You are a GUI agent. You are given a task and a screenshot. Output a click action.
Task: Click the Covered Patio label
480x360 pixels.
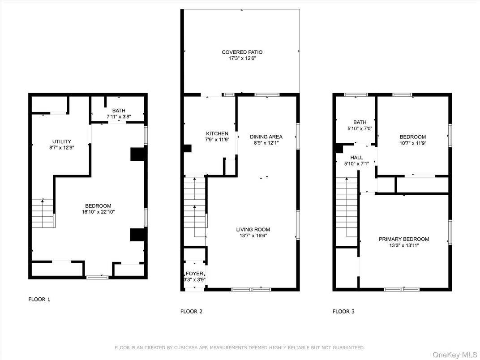pos(242,52)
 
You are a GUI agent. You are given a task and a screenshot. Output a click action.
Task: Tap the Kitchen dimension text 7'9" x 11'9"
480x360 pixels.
pos(217,140)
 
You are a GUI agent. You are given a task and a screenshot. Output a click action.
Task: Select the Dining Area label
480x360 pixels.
pos(266,137)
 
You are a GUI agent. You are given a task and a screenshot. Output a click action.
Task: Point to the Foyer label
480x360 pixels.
pos(195,274)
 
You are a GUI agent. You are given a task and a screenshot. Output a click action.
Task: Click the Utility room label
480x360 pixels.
pos(62,141)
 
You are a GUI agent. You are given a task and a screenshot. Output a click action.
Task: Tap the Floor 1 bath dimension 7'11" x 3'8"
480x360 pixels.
pos(119,117)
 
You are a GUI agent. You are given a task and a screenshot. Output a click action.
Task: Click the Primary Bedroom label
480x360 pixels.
pos(404,239)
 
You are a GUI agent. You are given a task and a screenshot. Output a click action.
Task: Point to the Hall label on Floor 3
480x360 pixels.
pos(357,158)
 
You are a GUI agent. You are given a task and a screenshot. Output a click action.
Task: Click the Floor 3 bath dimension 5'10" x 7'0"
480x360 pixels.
pos(360,129)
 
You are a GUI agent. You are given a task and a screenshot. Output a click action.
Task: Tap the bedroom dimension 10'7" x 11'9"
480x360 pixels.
pos(413,143)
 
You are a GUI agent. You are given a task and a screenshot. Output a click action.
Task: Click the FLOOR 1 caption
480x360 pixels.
pos(39,299)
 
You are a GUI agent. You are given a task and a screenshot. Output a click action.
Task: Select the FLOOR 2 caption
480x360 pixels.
pos(191,311)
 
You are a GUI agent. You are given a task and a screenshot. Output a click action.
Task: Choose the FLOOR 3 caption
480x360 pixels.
pos(343,311)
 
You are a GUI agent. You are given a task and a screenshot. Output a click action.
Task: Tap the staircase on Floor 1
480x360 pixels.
pos(43,213)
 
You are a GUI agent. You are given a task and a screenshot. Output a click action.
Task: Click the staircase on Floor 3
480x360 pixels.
pos(346,210)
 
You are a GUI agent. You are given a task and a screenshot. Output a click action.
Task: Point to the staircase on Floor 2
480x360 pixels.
pos(195,210)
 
